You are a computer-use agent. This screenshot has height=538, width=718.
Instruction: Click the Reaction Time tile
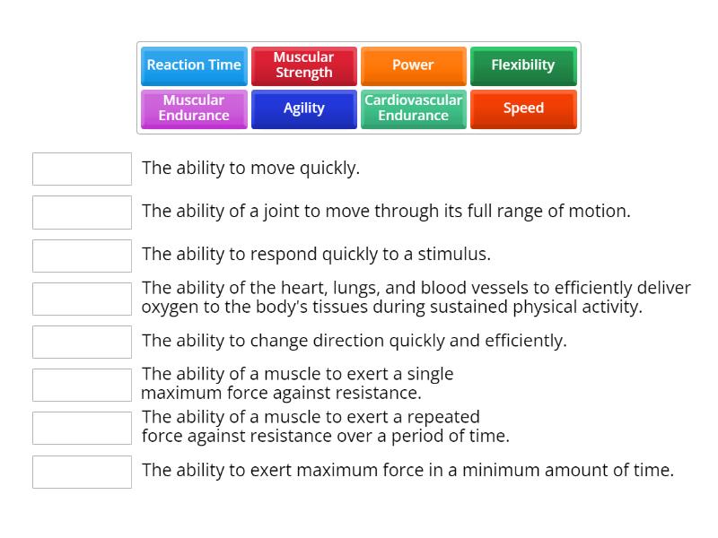pyautogui.click(x=194, y=65)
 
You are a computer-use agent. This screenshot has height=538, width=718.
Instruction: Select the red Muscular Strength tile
pyautogui.click(x=303, y=65)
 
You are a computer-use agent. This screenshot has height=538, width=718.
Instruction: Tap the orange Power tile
pyautogui.click(x=413, y=65)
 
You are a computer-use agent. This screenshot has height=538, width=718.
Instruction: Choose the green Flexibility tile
pyautogui.click(x=523, y=65)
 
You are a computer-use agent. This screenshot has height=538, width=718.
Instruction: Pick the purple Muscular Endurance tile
pyautogui.click(x=194, y=108)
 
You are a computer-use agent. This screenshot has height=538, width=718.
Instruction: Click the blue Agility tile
pyautogui.click(x=303, y=108)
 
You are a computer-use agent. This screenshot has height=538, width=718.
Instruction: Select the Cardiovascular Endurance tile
pyautogui.click(x=413, y=108)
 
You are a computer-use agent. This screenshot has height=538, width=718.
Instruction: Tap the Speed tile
pyautogui.click(x=523, y=108)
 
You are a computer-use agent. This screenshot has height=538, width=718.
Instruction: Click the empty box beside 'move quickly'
pyautogui.click(x=82, y=169)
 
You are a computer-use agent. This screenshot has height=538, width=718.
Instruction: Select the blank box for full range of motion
pyautogui.click(x=82, y=213)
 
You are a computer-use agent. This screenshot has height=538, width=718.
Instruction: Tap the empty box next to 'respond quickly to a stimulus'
pyautogui.click(x=82, y=256)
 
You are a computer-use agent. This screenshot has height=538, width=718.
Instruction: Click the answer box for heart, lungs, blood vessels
pyautogui.click(x=82, y=299)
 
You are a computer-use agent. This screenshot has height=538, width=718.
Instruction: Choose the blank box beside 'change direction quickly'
pyautogui.click(x=82, y=342)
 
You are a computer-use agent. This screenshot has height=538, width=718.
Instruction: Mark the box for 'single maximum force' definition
pyautogui.click(x=82, y=385)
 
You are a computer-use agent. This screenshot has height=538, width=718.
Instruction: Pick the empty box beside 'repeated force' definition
pyautogui.click(x=82, y=428)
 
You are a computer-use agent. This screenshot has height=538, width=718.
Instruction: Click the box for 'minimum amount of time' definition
pyautogui.click(x=82, y=472)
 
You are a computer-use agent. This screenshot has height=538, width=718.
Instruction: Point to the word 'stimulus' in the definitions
pyautogui.click(x=454, y=254)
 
